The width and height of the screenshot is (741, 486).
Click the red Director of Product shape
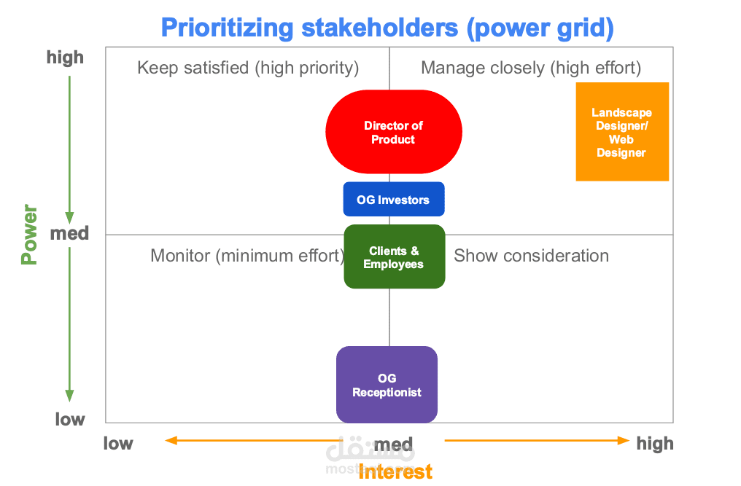click(x=394, y=132)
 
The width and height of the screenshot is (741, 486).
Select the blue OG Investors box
click(x=394, y=200)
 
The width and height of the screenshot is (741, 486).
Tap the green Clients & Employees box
click(x=394, y=256)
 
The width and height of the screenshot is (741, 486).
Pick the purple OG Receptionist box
click(x=387, y=385)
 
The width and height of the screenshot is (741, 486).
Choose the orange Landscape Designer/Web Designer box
click(x=622, y=132)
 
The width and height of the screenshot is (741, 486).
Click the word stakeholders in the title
click(x=380, y=28)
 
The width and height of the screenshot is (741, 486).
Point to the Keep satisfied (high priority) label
click(x=248, y=68)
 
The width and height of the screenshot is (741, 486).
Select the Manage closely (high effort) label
click(x=531, y=68)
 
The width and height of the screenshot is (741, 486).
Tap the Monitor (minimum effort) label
click(x=248, y=256)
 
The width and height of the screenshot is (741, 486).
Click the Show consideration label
click(x=531, y=256)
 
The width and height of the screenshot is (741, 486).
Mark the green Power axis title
click(x=29, y=235)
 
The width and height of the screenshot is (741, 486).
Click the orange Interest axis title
click(x=395, y=472)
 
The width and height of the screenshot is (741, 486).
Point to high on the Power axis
click(x=65, y=58)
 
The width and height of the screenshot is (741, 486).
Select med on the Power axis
click(x=69, y=233)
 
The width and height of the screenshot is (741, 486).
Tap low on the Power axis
click(x=70, y=420)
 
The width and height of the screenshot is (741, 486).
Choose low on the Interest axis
click(x=118, y=444)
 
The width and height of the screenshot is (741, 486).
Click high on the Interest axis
click(x=655, y=444)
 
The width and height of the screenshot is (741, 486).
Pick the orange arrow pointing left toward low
click(x=254, y=441)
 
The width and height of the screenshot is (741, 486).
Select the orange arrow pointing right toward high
click(x=537, y=441)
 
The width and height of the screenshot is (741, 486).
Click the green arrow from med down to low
click(x=69, y=324)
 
